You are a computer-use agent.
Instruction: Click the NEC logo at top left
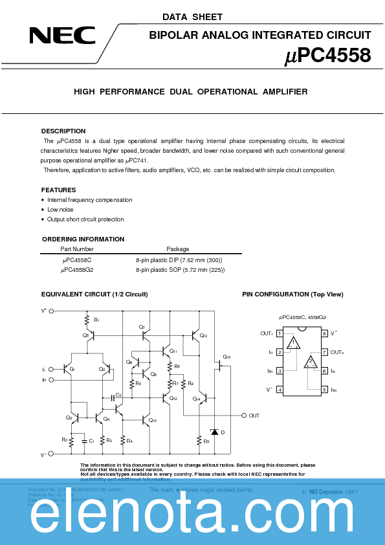62,35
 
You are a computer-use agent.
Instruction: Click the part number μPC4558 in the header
328,56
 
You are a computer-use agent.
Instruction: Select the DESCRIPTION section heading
63,131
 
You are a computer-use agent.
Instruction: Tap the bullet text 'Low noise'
60,210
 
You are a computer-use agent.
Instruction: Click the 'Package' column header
178,249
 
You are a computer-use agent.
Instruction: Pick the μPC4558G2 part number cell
78,269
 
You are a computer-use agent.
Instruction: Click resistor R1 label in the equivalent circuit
96,320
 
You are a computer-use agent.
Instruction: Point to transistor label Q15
226,357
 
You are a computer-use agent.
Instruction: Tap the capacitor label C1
92,441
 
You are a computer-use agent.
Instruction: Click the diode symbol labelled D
214,432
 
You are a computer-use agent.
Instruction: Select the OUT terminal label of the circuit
254,416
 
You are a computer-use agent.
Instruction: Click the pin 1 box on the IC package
280,333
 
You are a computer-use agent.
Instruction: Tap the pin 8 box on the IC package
324,333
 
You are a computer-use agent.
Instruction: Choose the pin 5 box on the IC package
324,390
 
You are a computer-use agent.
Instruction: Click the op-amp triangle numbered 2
311,362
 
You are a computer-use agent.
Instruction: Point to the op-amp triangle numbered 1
294,343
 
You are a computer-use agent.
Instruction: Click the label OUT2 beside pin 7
337,352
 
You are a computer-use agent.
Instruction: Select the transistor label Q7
142,328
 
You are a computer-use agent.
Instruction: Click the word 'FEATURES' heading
59,190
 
